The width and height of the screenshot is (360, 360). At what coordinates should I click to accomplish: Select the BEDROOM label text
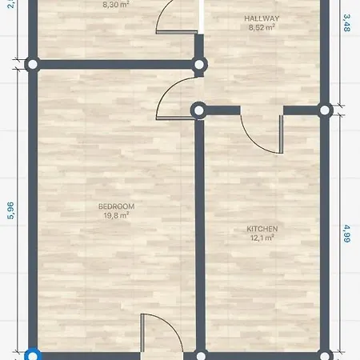(x=115, y=206)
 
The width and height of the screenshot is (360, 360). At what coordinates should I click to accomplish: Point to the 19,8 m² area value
(x=115, y=216)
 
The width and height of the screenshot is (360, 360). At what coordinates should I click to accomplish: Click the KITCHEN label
(x=262, y=229)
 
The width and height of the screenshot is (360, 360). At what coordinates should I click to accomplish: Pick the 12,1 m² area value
(x=262, y=238)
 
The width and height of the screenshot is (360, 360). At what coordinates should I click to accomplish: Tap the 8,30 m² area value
(x=115, y=4)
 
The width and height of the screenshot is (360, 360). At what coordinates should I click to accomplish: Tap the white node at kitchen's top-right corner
(x=325, y=110)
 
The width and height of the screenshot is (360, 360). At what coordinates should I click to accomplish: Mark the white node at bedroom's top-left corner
(x=31, y=64)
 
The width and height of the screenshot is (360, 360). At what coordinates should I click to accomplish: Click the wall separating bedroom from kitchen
(x=198, y=232)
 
